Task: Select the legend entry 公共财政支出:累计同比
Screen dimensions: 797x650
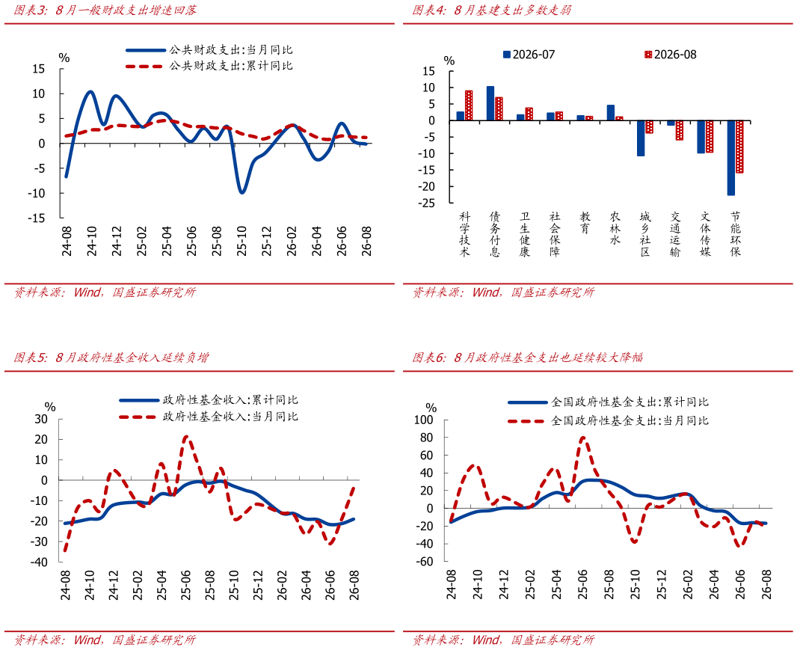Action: click(x=209, y=66)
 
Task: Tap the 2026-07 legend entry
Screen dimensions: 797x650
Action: click(x=529, y=55)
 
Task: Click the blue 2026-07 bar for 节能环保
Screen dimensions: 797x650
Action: click(x=731, y=158)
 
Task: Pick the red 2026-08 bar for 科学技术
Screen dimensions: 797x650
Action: click(x=469, y=105)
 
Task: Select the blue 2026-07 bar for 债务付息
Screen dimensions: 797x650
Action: click(x=490, y=103)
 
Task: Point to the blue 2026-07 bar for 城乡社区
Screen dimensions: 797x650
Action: click(x=641, y=138)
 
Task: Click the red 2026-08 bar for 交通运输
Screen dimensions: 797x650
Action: click(x=680, y=130)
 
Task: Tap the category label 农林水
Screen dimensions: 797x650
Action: click(x=615, y=228)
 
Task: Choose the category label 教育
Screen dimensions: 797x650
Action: click(x=585, y=223)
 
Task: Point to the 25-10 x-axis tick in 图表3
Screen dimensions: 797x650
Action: click(x=241, y=241)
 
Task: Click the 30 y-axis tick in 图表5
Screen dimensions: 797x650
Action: click(x=40, y=419)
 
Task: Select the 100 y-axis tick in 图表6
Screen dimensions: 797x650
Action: click(x=423, y=420)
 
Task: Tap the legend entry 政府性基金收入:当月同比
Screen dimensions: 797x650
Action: click(x=209, y=417)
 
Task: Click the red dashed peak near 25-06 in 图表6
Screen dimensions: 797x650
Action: click(x=582, y=437)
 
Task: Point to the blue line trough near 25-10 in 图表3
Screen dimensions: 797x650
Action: click(x=242, y=192)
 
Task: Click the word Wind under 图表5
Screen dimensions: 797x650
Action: click(x=87, y=640)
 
